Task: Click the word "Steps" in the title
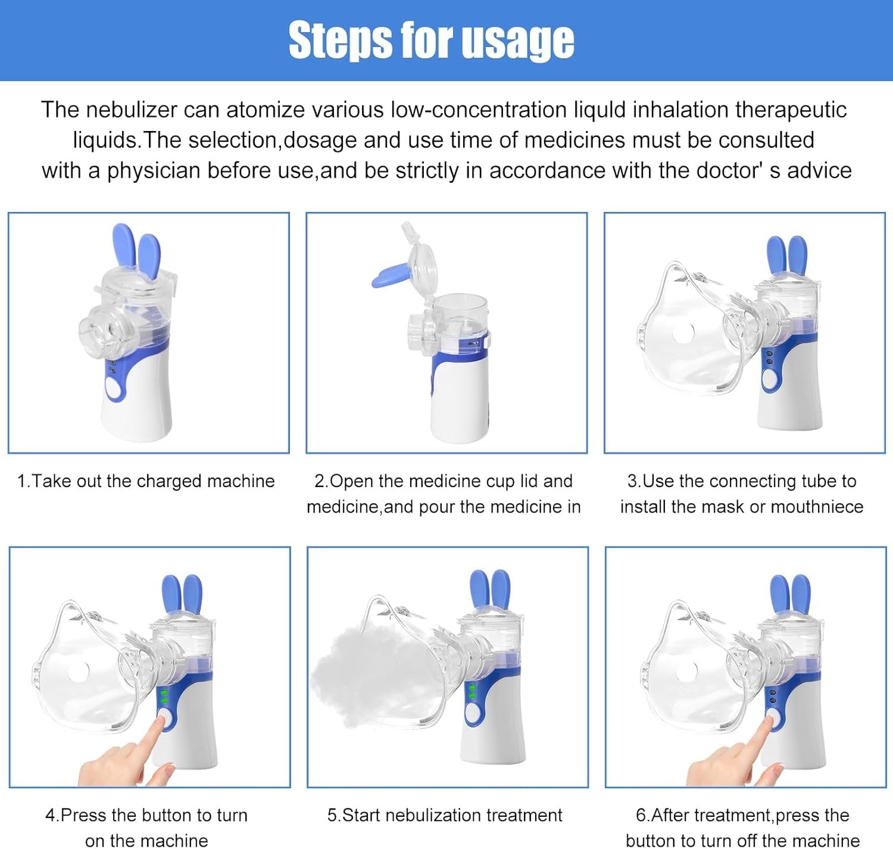point(340,40)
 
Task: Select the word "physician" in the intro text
point(154,171)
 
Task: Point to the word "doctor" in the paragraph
point(728,170)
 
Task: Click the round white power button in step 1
point(113,389)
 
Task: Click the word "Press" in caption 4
point(83,816)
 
